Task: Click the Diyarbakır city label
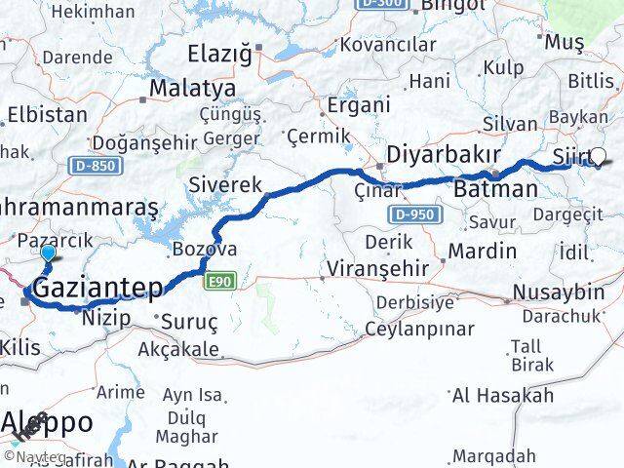(444, 155)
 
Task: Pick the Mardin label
(482, 251)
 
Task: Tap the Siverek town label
(225, 184)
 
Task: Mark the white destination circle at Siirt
(598, 156)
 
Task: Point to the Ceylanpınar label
(419, 328)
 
